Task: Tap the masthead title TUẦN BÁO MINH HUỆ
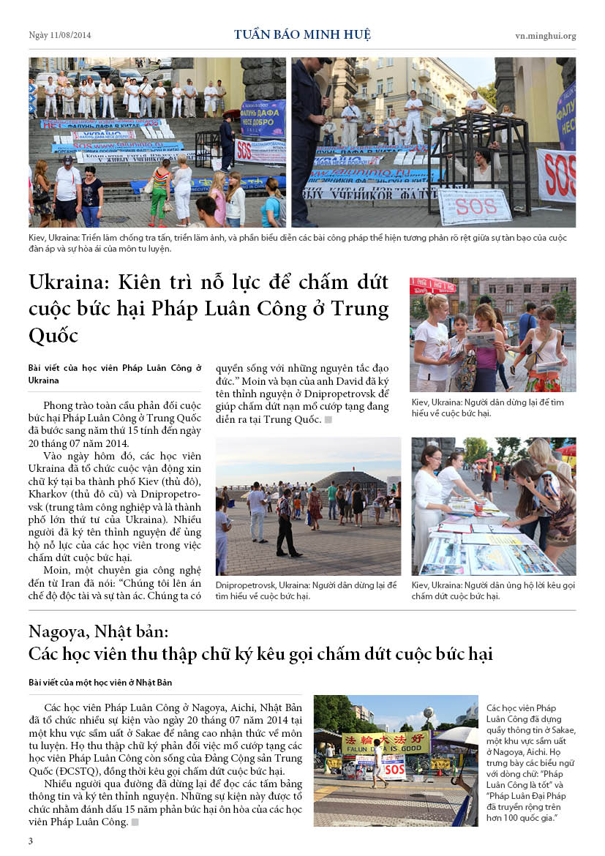(302, 34)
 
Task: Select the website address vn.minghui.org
(545, 35)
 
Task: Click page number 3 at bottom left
(31, 841)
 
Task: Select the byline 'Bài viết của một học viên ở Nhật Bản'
(100, 683)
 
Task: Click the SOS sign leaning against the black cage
(474, 206)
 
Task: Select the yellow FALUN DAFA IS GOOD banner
(385, 744)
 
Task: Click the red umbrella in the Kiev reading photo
(432, 285)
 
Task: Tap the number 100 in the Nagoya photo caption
(515, 816)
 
